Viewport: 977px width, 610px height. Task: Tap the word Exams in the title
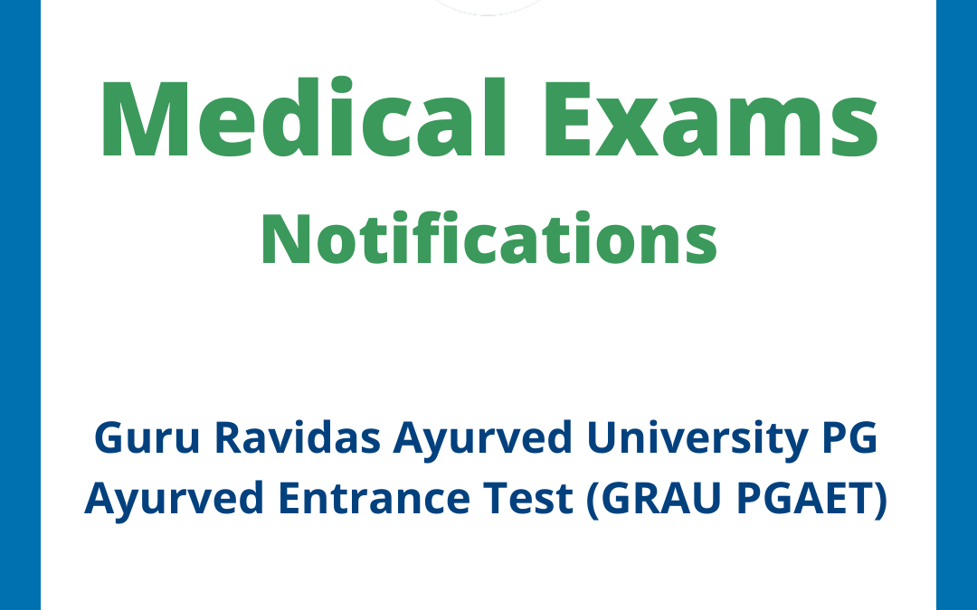[716, 119]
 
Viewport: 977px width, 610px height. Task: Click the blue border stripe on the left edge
[20, 305]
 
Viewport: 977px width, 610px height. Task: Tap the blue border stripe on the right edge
[956, 305]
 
